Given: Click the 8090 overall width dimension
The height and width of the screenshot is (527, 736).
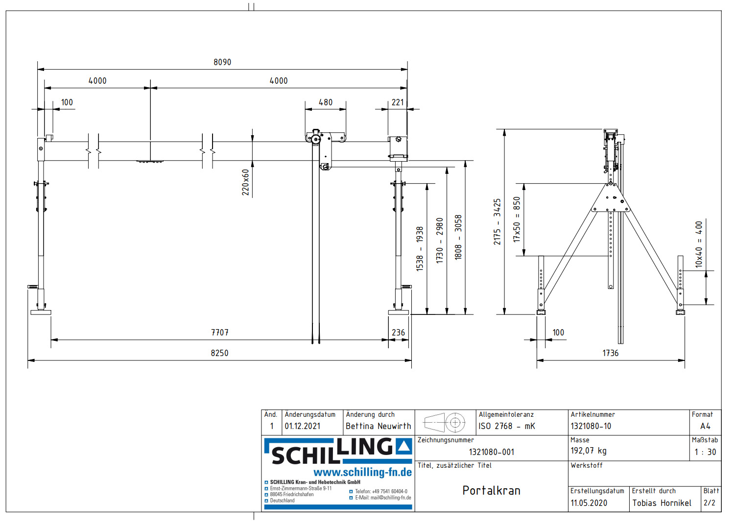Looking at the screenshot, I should [222, 62].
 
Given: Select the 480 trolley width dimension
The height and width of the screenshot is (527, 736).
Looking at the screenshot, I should [325, 102].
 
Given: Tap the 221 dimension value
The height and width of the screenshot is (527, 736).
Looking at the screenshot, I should [398, 102].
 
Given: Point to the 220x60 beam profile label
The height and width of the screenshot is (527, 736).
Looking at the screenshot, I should [245, 182].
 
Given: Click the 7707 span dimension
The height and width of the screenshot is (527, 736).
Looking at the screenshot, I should [220, 333].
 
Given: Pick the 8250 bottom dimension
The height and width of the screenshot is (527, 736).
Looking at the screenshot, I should [219, 353].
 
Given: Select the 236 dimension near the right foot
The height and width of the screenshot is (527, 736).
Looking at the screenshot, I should [398, 333].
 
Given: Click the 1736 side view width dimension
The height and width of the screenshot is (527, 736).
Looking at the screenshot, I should [610, 353].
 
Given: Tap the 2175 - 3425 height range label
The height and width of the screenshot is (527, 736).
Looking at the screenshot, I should [497, 221].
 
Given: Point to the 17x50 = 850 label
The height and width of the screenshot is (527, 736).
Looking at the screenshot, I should [517, 219].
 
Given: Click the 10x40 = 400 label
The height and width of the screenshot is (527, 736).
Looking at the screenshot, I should [699, 244].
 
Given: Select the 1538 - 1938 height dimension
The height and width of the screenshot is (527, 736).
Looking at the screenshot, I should [420, 248].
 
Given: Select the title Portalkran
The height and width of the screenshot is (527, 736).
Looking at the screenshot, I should [491, 491].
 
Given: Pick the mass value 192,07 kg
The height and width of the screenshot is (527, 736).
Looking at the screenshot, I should [588, 451].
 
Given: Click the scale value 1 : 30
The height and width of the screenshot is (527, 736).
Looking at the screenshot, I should [705, 452].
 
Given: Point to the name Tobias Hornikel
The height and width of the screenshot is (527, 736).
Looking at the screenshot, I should [662, 503].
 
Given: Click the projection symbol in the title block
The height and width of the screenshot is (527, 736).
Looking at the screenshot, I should [445, 422].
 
